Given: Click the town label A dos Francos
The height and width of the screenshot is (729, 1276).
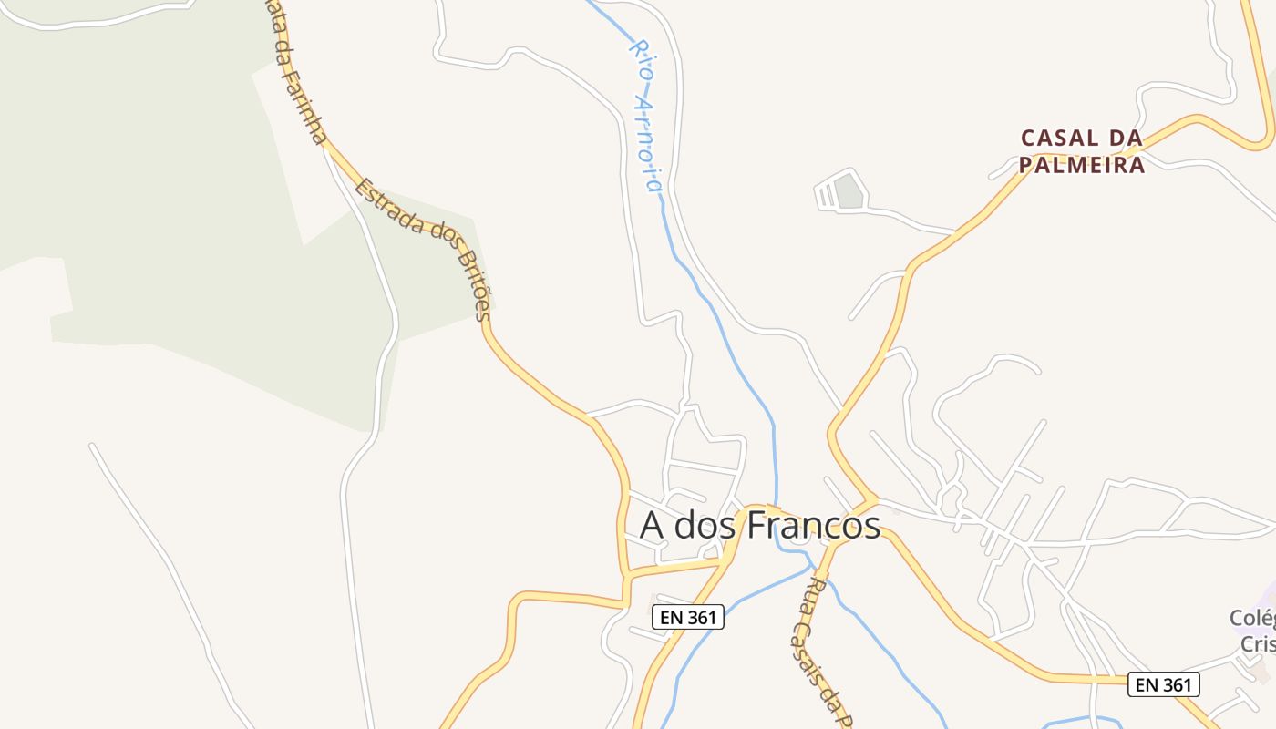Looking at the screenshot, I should pyautogui.click(x=760, y=526).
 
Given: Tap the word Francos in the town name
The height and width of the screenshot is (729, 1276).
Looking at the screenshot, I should pyautogui.click(x=814, y=526).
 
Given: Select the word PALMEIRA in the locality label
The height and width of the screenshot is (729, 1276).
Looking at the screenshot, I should pyautogui.click(x=1081, y=165).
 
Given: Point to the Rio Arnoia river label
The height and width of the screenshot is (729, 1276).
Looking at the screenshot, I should pyautogui.click(x=644, y=115).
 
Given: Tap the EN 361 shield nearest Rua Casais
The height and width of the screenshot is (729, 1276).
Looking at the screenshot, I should pyautogui.click(x=688, y=617).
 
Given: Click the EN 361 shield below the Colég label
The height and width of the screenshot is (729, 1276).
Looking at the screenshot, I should pyautogui.click(x=1163, y=684).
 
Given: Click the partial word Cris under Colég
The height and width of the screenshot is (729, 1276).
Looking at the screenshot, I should pyautogui.click(x=1258, y=643).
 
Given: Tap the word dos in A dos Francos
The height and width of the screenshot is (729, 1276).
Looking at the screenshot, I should pyautogui.click(x=705, y=526).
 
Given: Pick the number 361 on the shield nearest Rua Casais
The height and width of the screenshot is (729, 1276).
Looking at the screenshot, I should pyautogui.click(x=700, y=617).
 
